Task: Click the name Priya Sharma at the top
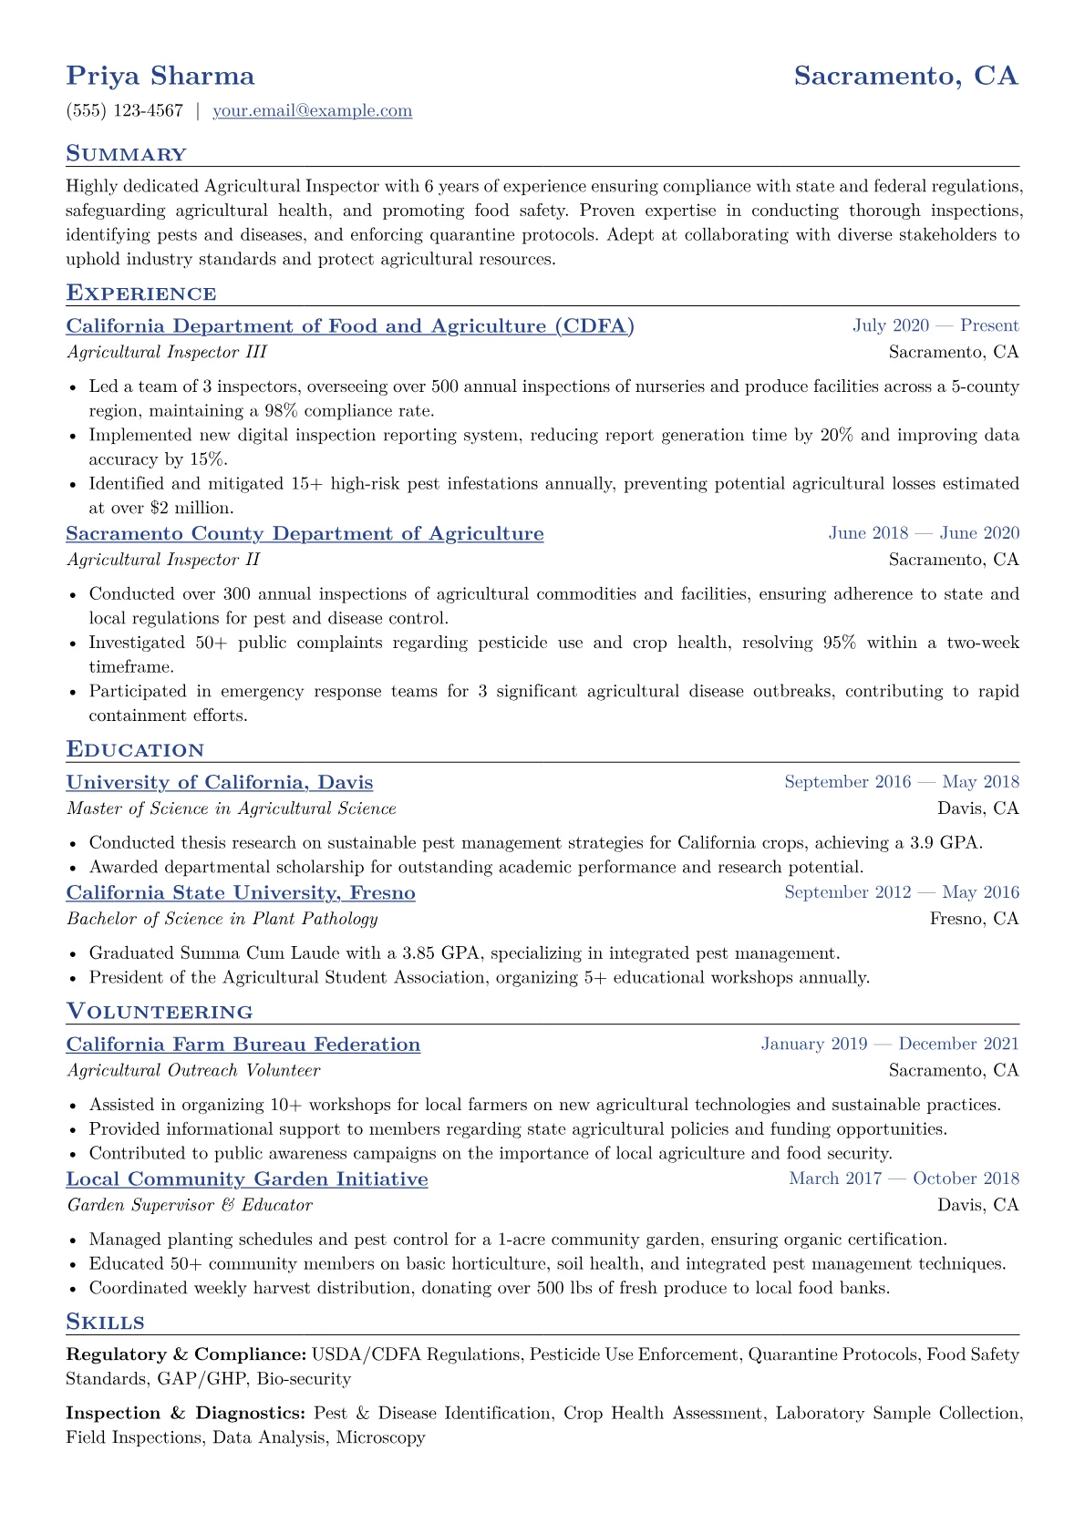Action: coord(160,76)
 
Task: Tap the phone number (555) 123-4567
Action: coord(124,110)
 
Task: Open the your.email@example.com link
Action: coord(312,110)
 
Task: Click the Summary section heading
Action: coord(126,154)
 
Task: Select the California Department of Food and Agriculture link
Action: coord(350,325)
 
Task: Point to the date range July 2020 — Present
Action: coord(935,325)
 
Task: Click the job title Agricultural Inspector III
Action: coord(167,352)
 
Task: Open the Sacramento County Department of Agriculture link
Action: coord(305,533)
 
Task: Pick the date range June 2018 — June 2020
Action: coord(924,533)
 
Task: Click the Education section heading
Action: coord(135,750)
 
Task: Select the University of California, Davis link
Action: coord(220,782)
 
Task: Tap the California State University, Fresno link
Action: coord(241,892)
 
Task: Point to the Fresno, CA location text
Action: coord(974,919)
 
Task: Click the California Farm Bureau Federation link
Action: coord(243,1045)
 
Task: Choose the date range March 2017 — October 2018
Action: coord(904,1179)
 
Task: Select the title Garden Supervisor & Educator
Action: coord(190,1205)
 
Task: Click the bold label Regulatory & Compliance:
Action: coord(186,1354)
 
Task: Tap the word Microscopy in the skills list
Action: coord(380,1437)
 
